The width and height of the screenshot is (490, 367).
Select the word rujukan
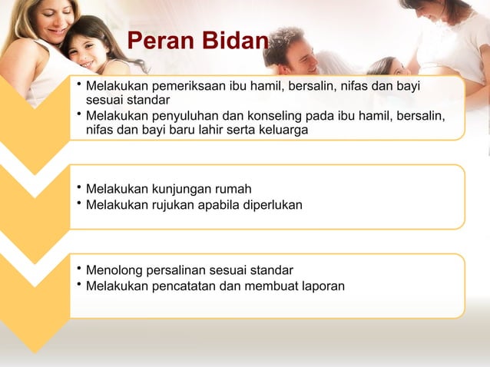170,205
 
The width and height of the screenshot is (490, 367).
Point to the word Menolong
113,270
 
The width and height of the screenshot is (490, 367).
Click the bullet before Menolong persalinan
78,268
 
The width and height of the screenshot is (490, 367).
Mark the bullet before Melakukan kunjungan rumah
78,187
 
